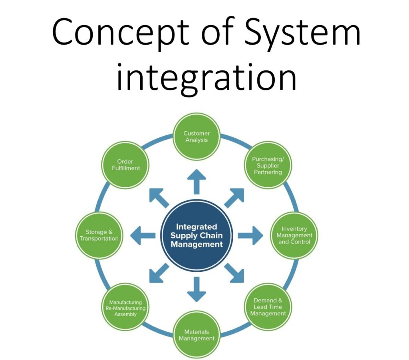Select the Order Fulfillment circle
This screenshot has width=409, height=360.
click(125, 165)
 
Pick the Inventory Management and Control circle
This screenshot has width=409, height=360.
click(294, 235)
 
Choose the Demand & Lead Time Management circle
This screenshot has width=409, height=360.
click(268, 307)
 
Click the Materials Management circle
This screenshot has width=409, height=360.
click(197, 335)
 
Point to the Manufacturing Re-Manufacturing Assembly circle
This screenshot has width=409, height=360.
click(125, 308)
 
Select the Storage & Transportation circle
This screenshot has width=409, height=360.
click(99, 235)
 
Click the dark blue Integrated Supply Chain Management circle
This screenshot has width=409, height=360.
click(197, 235)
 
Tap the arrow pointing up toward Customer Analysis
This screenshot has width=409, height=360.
click(197, 182)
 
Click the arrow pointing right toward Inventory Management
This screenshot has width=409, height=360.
click(250, 235)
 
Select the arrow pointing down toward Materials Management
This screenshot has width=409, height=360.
click(197, 289)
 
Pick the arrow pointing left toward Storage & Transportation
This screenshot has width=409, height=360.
click(143, 235)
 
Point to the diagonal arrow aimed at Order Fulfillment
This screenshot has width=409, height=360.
click(159, 197)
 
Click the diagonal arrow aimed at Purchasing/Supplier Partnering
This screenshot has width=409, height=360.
click(234, 197)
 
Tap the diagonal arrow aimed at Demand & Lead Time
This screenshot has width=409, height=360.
click(234, 273)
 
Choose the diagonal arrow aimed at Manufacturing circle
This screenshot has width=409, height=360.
click(159, 273)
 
